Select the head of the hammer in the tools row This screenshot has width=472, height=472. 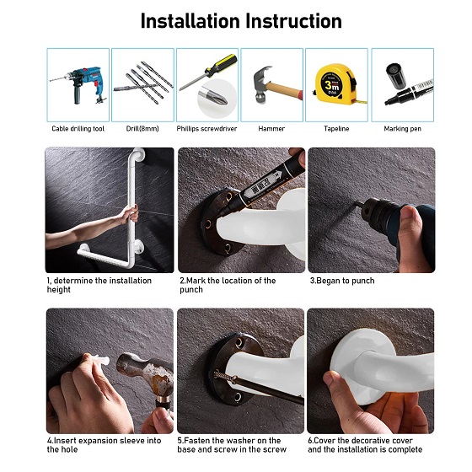coord(260,84)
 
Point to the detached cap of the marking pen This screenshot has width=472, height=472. coord(396,76)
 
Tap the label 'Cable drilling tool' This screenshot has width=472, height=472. coord(78,129)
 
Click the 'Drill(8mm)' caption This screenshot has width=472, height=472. coord(142,129)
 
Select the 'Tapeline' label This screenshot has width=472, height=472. coord(336,129)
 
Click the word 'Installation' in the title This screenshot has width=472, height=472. coord(190,21)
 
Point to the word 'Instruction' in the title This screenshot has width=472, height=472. coord(294,21)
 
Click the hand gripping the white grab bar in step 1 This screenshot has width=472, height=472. coord(129,214)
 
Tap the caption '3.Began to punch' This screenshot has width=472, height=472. coord(342,281)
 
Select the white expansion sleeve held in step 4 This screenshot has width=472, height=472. coord(100,360)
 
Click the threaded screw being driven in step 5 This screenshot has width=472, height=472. coord(225,376)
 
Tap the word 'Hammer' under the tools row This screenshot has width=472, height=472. coord(271,129)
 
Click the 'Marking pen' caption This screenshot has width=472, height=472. coord(403,129)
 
